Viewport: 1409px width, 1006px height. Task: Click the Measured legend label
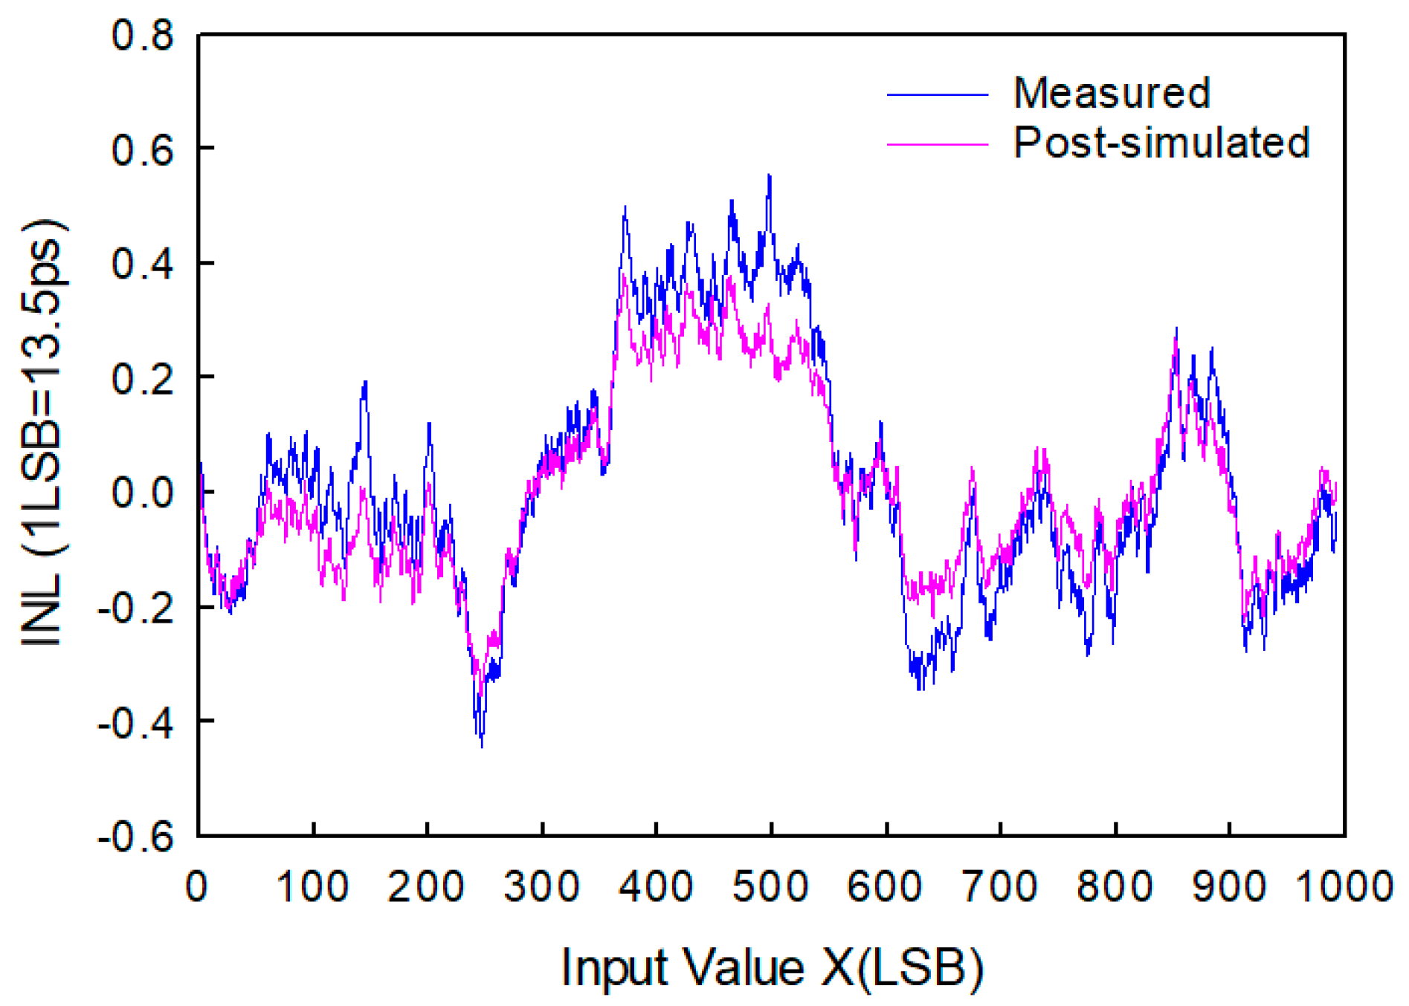point(1112,94)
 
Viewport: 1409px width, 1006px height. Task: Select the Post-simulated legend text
point(1161,143)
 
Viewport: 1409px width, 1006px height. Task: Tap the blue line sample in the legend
point(937,95)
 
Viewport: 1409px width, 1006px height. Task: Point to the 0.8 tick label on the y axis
point(143,35)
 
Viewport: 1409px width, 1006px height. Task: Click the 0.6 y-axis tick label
point(143,149)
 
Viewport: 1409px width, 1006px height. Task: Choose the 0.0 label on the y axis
point(143,493)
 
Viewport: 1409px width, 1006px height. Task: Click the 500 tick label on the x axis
point(770,886)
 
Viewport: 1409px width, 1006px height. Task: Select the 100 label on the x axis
point(312,886)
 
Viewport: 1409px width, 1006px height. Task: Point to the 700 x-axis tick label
point(1000,886)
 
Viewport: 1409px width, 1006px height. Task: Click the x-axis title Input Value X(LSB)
point(773,968)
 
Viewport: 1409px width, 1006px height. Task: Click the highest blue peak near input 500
point(770,176)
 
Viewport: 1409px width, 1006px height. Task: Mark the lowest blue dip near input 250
point(482,745)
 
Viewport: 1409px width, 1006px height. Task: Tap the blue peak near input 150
point(365,382)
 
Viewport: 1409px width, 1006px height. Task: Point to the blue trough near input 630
point(920,688)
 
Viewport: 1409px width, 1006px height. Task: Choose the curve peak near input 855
point(1176,329)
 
